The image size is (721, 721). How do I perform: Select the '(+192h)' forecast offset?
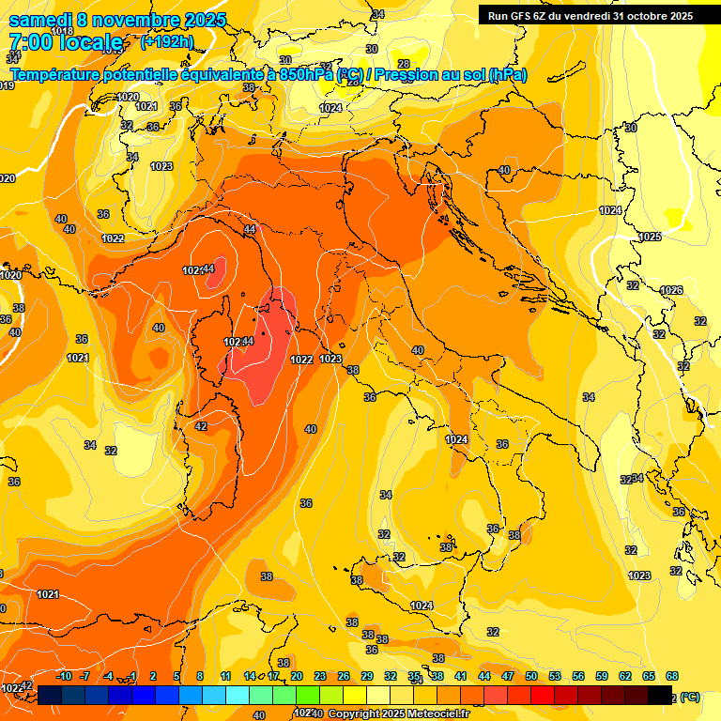[167, 42]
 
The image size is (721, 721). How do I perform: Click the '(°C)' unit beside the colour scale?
[690, 698]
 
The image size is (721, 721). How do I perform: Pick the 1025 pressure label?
[650, 237]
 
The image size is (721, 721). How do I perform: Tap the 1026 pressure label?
[670, 290]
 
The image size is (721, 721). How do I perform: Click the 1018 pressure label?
[62, 31]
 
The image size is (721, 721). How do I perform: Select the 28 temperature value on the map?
[404, 64]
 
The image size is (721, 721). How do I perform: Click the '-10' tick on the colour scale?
[64, 676]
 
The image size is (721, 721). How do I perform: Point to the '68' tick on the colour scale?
[672, 676]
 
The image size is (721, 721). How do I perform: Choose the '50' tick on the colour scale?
[531, 676]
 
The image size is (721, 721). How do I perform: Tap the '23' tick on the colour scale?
[320, 676]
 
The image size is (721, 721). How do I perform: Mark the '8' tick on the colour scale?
[200, 676]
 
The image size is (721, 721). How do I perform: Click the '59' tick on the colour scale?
[602, 676]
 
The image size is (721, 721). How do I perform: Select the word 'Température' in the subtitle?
[57, 74]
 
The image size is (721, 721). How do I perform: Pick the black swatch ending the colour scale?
[660, 695]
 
